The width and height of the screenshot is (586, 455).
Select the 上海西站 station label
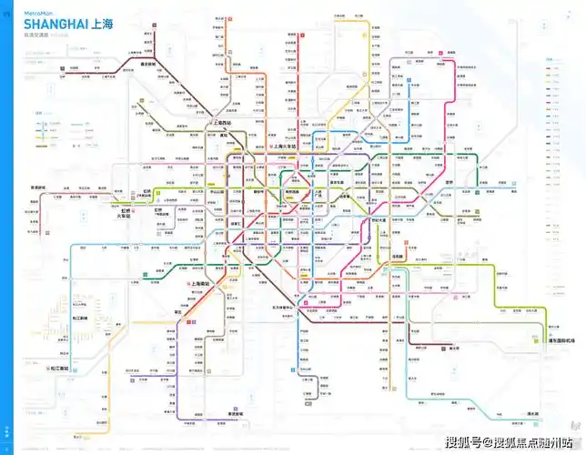[222, 122]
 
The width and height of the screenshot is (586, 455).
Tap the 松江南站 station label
[60, 369]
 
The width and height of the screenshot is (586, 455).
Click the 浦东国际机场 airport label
[559, 341]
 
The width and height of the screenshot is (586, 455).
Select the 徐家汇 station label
[235, 224]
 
